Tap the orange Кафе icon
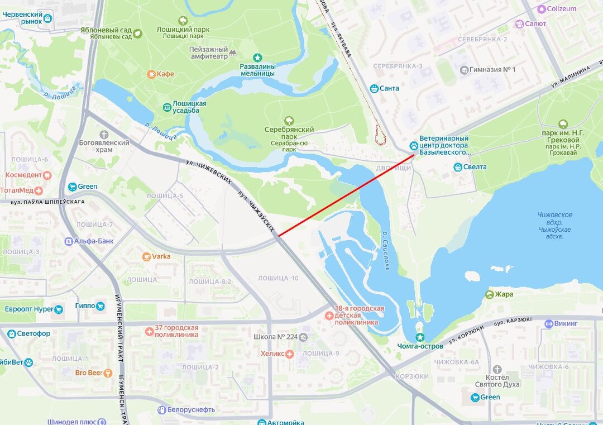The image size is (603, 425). click(x=151, y=74)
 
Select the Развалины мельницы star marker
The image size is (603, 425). click(x=257, y=57)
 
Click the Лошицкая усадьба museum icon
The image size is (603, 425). click(x=167, y=107)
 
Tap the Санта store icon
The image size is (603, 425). click(x=374, y=88)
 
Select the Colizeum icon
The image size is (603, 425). click(x=541, y=9)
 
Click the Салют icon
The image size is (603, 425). click(x=519, y=23)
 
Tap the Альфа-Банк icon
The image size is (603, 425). click(x=68, y=241)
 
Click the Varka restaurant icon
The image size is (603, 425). click(x=146, y=256)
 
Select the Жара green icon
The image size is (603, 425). click(x=490, y=294)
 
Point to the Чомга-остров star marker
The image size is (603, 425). click(x=420, y=337)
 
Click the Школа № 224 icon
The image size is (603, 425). click(x=303, y=337)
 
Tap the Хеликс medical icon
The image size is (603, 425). click(x=289, y=354)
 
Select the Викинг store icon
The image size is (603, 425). click(x=549, y=323)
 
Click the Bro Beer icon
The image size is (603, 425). click(x=108, y=373)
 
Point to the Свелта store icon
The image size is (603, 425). click(x=458, y=166)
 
